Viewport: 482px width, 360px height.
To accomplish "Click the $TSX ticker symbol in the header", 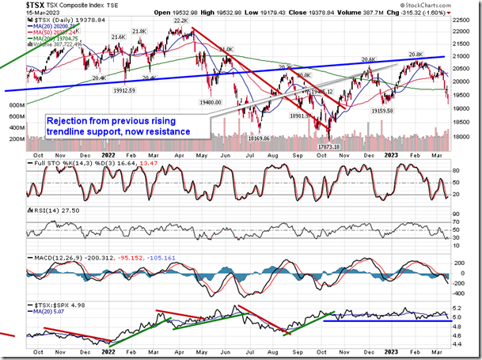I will [x=13, y=6].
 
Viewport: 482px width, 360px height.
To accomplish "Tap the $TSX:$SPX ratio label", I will [x=47, y=304].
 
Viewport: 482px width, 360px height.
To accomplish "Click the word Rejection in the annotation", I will [x=68, y=121].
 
